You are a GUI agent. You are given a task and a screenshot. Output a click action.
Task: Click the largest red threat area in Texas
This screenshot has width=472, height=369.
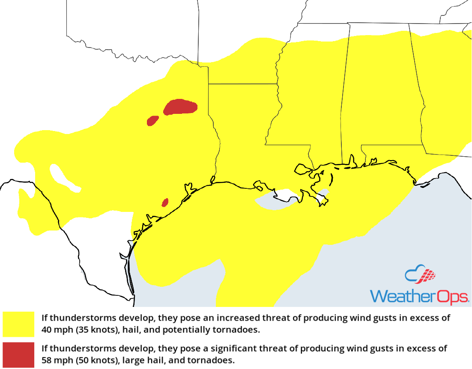pyautogui.click(x=180, y=107)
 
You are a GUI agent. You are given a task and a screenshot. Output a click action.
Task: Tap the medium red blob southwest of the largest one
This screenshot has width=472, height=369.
pyautogui.click(x=152, y=121)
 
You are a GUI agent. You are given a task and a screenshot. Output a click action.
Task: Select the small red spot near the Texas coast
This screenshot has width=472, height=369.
pyautogui.click(x=165, y=202)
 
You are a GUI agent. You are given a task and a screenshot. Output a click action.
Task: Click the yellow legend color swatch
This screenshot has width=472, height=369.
pyautogui.click(x=18, y=324)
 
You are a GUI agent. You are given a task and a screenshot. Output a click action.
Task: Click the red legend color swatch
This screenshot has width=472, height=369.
pyautogui.click(x=18, y=354)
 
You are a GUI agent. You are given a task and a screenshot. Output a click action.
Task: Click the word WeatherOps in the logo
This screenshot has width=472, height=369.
pyautogui.click(x=419, y=296)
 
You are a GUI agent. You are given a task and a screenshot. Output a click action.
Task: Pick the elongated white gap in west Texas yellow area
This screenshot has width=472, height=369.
pyautogui.click(x=64, y=178)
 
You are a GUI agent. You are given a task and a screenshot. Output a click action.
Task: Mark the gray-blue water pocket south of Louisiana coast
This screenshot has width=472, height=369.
pyautogui.click(x=274, y=202)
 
